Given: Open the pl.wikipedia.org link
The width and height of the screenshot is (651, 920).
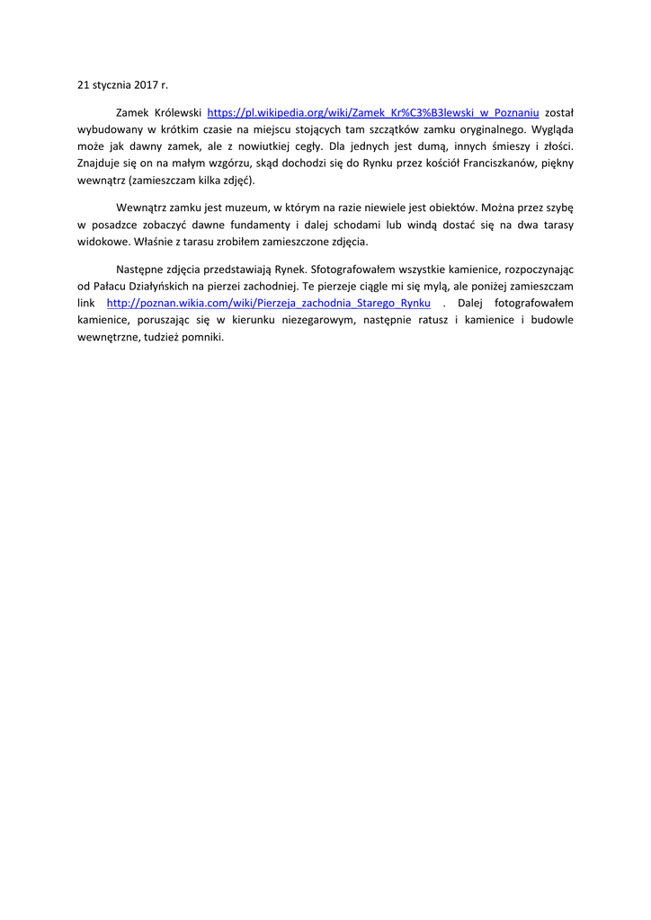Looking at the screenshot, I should (x=373, y=113).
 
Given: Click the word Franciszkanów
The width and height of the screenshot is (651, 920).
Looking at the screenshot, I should (x=500, y=163).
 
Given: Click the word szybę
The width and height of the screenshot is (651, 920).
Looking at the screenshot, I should (x=557, y=208).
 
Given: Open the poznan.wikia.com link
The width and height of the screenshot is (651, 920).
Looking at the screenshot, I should (x=269, y=304).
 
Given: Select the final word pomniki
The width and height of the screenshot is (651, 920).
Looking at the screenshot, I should (x=203, y=337).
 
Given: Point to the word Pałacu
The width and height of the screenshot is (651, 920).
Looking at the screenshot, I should (x=111, y=287).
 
